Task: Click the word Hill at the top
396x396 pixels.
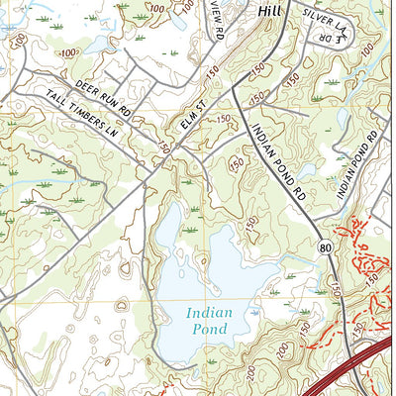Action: point(269,9)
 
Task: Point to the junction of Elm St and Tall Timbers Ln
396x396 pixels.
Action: point(150,168)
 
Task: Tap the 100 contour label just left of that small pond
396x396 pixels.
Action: point(67,52)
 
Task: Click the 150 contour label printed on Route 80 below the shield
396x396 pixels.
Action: point(337,289)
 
